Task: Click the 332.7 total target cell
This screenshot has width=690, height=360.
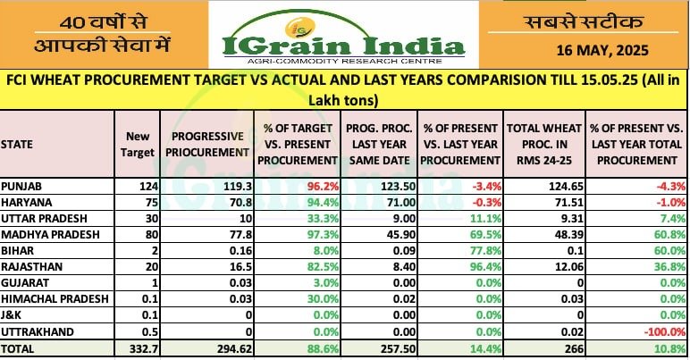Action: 140,349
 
